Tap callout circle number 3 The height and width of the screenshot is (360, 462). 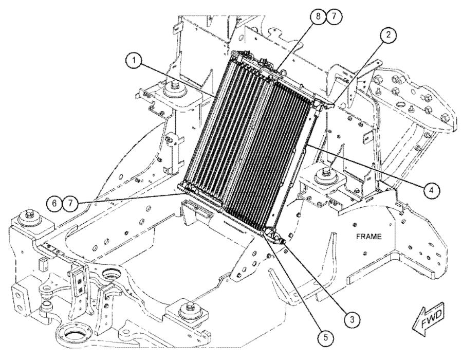(351, 318)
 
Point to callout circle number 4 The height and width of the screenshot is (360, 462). (432, 190)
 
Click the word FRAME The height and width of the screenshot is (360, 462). (369, 237)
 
